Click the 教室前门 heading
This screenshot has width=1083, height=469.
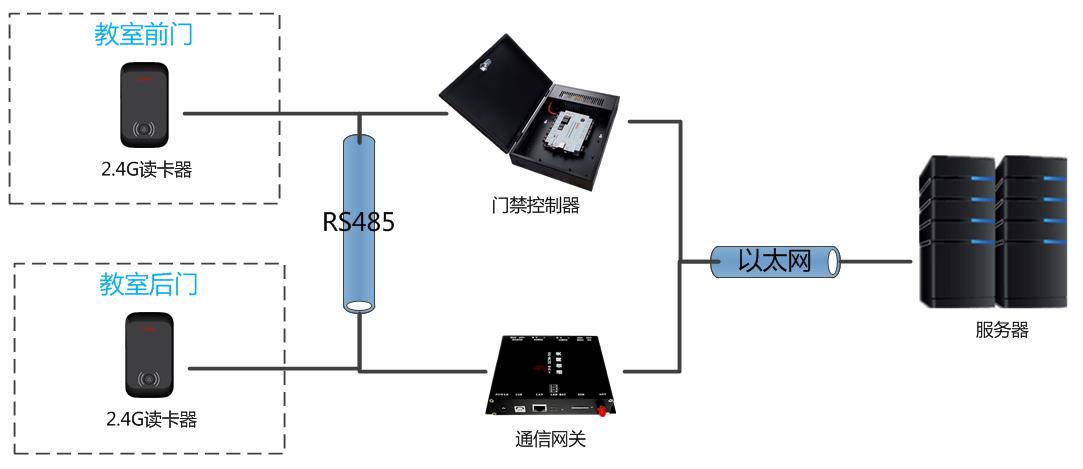143,35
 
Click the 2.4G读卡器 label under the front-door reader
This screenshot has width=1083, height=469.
147,170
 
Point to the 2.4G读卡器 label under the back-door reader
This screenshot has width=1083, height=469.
151,420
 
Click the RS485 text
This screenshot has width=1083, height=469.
358,222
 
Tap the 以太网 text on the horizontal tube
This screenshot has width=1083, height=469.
774,261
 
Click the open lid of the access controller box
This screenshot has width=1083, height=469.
490,80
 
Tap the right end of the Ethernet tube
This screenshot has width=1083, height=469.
832,262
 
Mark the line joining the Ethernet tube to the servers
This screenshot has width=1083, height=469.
875,262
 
